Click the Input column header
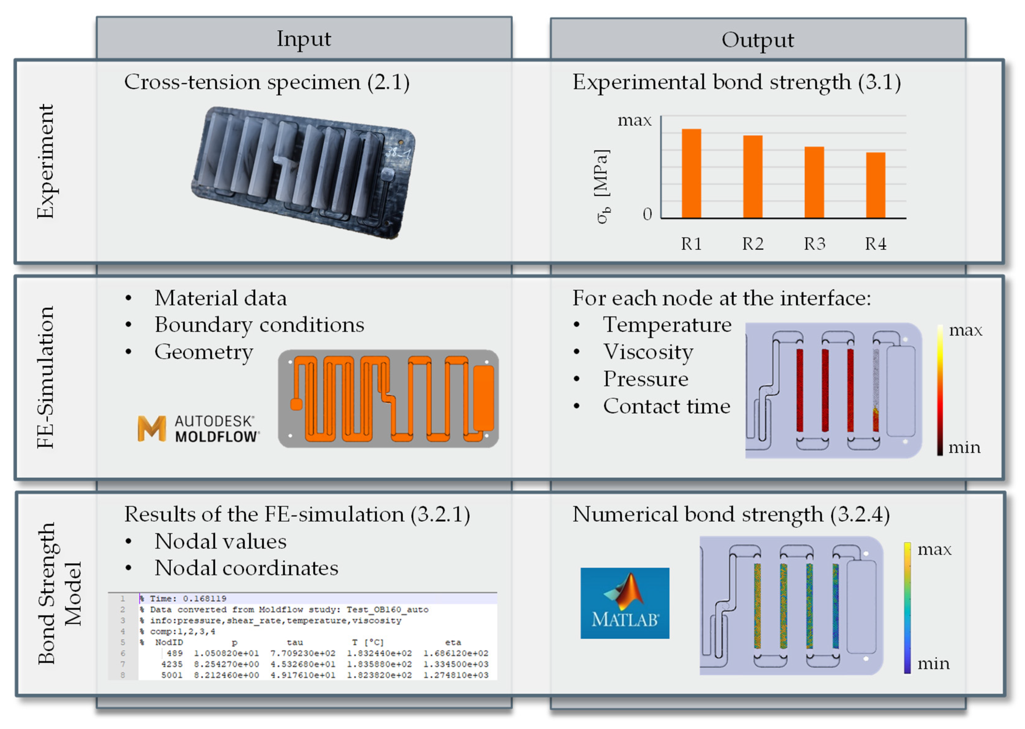304,39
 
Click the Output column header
758,40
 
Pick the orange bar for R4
875,185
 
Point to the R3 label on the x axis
814,244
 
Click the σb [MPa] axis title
602,186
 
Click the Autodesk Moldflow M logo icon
152,428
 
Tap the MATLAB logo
624,603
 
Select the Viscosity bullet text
648,352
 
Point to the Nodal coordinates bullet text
246,568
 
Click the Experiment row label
46,161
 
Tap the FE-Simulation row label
46,377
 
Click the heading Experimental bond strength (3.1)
736,83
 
